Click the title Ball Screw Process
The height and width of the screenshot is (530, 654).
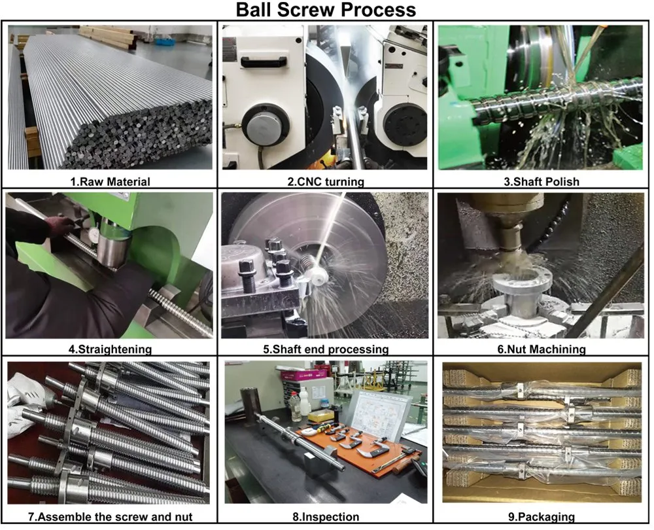click(x=326, y=10)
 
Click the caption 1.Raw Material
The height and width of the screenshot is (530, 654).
click(x=110, y=182)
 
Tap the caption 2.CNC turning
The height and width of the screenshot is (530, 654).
click(x=325, y=182)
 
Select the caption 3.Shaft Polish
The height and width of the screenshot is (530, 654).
click(x=542, y=182)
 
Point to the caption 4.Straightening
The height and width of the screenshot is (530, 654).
click(x=110, y=349)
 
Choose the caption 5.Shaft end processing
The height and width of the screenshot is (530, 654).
click(x=326, y=349)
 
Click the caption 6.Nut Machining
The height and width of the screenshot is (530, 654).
click(x=542, y=349)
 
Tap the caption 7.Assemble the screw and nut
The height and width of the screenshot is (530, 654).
click(x=110, y=517)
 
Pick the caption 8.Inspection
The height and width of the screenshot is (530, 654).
click(x=326, y=517)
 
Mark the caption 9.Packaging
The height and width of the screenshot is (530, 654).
click(x=542, y=517)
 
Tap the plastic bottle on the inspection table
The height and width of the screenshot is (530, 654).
click(x=296, y=406)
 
